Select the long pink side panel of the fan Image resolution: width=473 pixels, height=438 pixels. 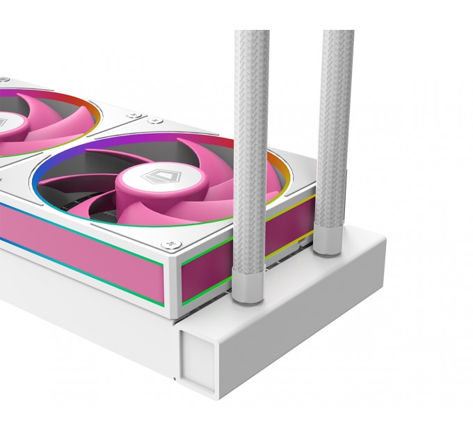point(77,243)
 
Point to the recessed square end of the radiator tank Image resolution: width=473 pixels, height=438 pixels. point(199,354)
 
